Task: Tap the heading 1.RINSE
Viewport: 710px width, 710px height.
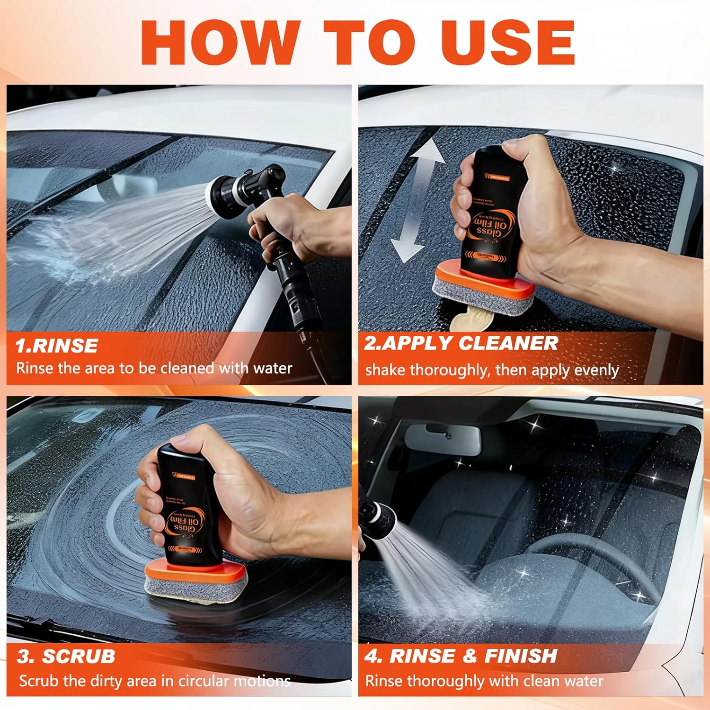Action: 56,346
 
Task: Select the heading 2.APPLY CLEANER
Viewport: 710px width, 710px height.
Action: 461,344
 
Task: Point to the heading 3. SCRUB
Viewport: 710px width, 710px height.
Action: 66,657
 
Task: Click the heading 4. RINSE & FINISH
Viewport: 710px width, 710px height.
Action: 461,656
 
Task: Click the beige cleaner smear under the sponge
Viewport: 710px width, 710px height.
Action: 469,319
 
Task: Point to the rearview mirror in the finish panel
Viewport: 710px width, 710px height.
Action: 443,438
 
